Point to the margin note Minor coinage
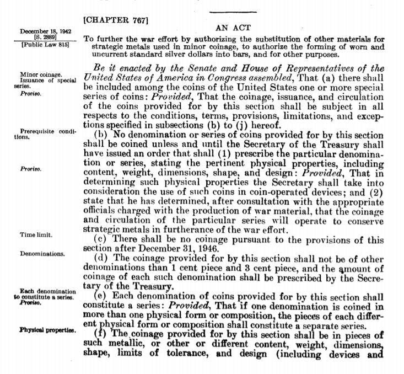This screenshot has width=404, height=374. pos(41,74)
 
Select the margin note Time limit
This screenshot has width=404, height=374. pos(36,235)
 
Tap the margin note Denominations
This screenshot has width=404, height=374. pos(42,254)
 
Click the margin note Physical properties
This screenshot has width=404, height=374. pos(46,330)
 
